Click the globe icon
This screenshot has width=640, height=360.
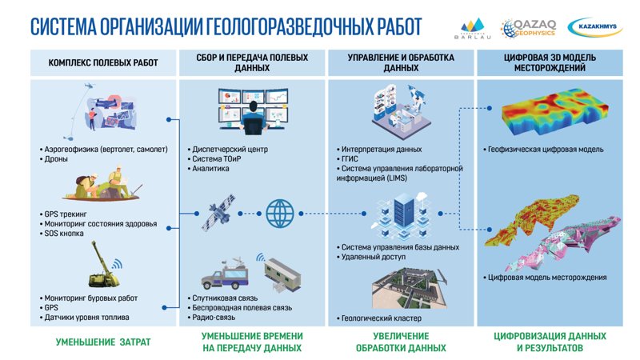click(x=281, y=214)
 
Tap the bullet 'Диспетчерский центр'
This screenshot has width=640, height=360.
click(x=229, y=149)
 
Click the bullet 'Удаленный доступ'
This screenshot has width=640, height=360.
click(x=373, y=258)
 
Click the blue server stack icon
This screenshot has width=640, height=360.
click(x=396, y=214)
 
